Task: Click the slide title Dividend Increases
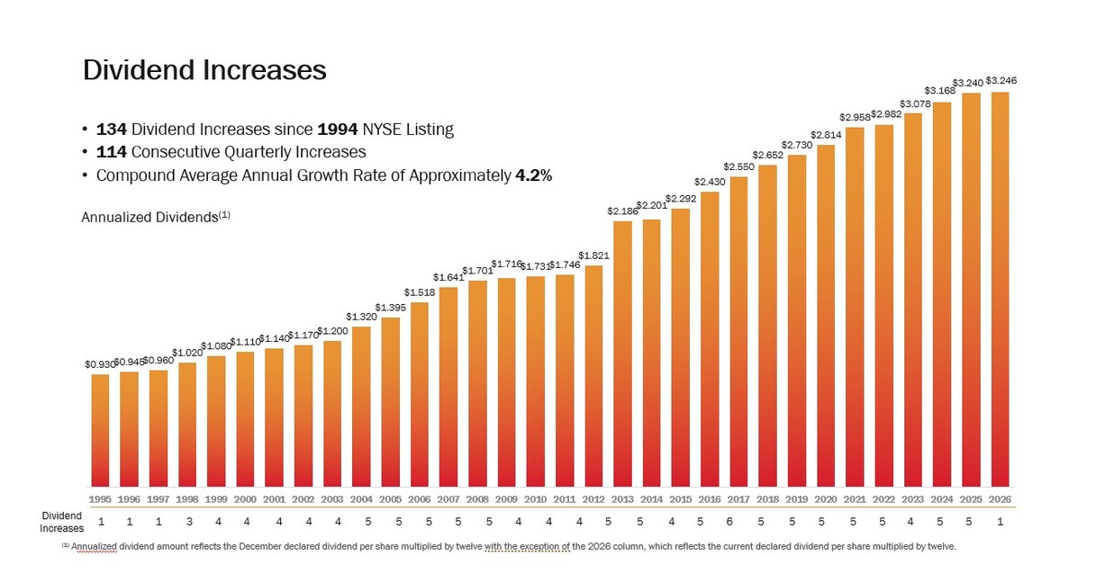point(204,70)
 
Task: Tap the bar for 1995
point(100,430)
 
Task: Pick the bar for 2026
point(1000,289)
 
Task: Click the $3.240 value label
point(971,82)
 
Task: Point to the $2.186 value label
point(622,211)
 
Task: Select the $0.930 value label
point(99,364)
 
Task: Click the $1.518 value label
point(419,292)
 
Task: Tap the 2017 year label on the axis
point(738,499)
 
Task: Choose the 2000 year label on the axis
point(245,499)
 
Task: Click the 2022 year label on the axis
point(883,499)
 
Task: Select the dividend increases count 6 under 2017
point(738,522)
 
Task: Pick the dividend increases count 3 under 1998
point(188,522)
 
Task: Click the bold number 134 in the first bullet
point(112,130)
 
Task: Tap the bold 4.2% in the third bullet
point(533,175)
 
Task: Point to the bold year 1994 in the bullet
point(338,130)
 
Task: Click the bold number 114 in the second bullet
point(112,152)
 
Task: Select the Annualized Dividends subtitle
point(155,217)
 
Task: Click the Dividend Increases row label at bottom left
point(62,522)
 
